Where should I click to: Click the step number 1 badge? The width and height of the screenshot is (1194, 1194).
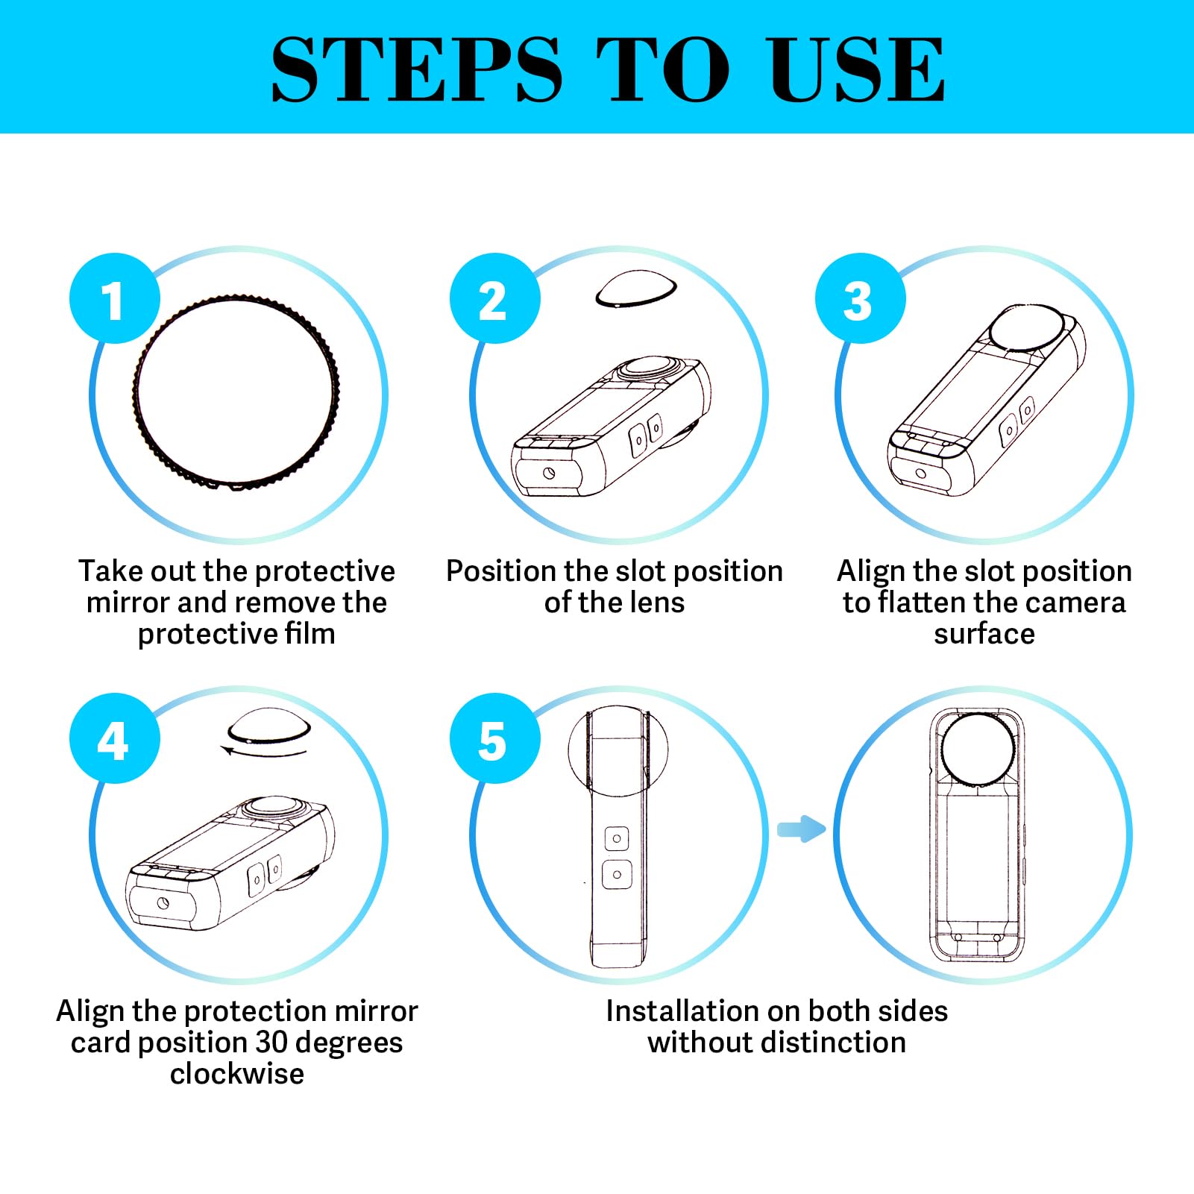click(114, 298)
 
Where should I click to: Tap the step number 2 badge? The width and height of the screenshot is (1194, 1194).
click(494, 298)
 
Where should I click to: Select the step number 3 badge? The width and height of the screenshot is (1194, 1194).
click(860, 298)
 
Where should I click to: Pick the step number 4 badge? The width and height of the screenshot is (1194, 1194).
click(114, 738)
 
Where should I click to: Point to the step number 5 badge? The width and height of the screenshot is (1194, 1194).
click(494, 738)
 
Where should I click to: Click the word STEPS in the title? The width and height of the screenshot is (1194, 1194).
click(416, 69)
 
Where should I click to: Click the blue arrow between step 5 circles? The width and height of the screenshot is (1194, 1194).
click(801, 829)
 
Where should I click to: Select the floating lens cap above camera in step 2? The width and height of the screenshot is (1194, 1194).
click(636, 289)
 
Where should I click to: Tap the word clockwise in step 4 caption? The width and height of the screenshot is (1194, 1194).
click(237, 1074)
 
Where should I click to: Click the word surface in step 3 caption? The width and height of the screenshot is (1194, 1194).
click(984, 634)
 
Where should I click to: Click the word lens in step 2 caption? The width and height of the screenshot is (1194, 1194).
click(656, 603)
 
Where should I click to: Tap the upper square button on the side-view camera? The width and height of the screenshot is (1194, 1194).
click(617, 838)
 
